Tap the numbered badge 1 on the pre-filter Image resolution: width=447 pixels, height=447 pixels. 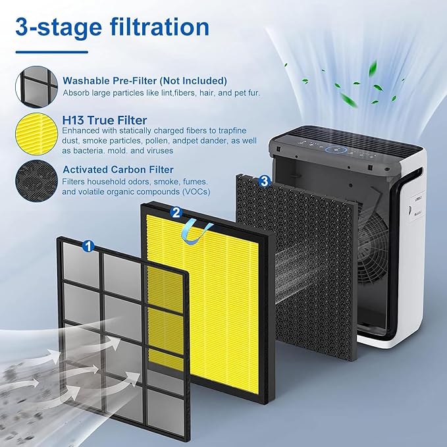click(88, 246)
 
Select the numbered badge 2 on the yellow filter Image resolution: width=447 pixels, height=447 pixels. click(176, 212)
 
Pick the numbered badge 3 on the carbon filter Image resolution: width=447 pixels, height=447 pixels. click(264, 180)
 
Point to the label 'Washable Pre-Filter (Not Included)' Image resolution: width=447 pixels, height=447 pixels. click(144, 80)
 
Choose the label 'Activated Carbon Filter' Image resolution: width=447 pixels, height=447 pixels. click(118, 169)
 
